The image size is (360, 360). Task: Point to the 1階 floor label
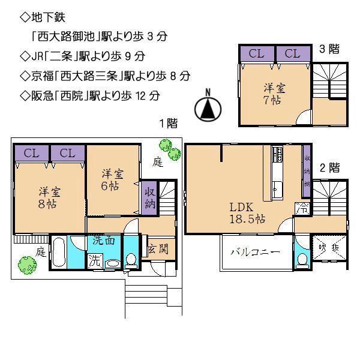168,124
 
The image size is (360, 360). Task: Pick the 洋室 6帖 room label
112,179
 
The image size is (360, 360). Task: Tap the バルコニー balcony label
255,253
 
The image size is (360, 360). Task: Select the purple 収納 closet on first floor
149,197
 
